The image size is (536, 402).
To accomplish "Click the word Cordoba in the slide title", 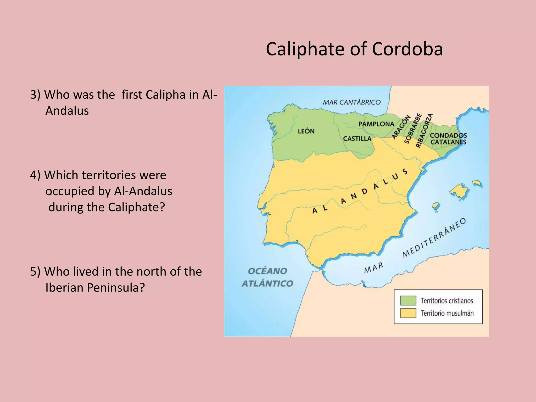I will [x=407, y=49].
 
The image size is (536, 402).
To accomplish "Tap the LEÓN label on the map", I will [x=306, y=131].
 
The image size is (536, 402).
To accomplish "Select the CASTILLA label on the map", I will [x=357, y=138].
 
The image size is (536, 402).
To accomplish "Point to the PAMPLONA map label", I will [x=376, y=124].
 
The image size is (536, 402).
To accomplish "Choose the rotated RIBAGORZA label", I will [x=424, y=130].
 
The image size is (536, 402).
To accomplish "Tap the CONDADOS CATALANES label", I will [x=448, y=139].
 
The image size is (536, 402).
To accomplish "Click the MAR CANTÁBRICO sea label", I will [x=351, y=102].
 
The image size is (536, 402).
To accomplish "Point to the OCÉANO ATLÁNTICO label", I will [x=267, y=277].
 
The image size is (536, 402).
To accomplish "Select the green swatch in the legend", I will [x=408, y=300].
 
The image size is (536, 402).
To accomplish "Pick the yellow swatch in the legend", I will [x=408, y=313].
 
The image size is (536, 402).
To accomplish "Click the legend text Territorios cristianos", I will [x=447, y=301].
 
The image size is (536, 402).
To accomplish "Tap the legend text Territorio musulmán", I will [x=447, y=313].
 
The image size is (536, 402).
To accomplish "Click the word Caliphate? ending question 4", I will [x=136, y=207].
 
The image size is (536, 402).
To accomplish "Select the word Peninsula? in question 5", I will [x=116, y=288].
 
